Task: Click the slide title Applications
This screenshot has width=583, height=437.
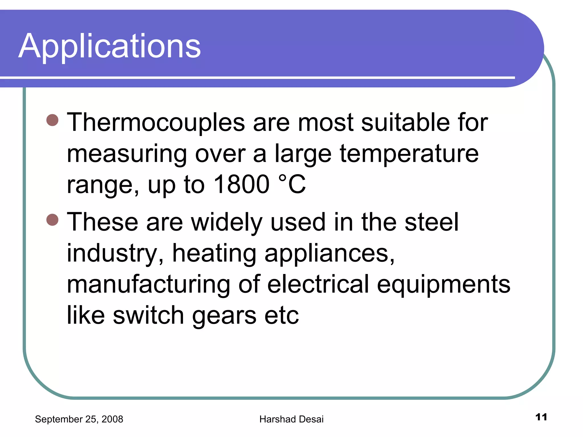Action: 110,46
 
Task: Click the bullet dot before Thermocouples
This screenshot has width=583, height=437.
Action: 52,120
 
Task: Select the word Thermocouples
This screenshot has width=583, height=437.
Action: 156,123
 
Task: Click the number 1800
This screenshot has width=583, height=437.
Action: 241,184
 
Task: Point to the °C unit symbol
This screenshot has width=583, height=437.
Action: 292,184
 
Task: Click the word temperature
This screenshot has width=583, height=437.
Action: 409,154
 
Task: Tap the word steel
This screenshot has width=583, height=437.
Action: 431,222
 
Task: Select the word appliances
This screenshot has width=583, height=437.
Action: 329,254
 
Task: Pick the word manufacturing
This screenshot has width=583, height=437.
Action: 148,285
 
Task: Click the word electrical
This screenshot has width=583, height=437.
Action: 318,284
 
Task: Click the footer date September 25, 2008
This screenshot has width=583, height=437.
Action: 79,419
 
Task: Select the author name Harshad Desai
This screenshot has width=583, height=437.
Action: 291,419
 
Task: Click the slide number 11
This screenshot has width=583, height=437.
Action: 541,417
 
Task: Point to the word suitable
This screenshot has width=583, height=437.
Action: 405,123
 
